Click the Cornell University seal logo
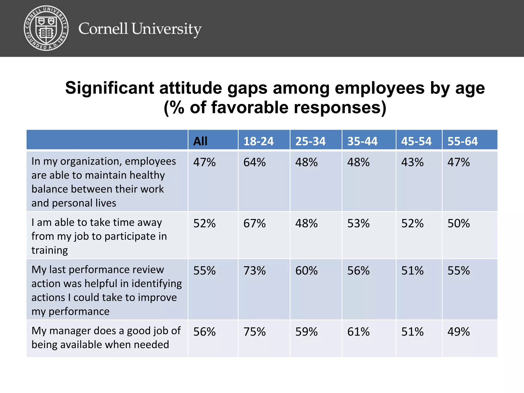pyautogui.click(x=46, y=28)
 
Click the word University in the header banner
pyautogui.click(x=166, y=29)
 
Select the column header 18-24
pyautogui.click(x=258, y=141)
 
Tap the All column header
pyautogui.click(x=200, y=141)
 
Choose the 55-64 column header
pyautogui.click(x=462, y=141)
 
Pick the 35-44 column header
pyautogui.click(x=362, y=141)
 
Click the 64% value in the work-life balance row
pyautogui.click(x=254, y=162)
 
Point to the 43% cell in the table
pyautogui.click(x=412, y=162)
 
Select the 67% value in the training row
pyautogui.click(x=254, y=223)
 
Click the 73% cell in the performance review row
pyautogui.click(x=254, y=271)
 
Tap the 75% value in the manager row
pyautogui.click(x=254, y=332)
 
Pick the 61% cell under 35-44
pyautogui.click(x=358, y=332)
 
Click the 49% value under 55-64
pyautogui.click(x=458, y=332)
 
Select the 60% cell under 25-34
pyautogui.click(x=306, y=271)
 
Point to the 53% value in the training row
pyautogui.click(x=358, y=223)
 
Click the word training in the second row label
pyautogui.click(x=50, y=250)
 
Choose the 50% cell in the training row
pyautogui.click(x=458, y=223)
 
